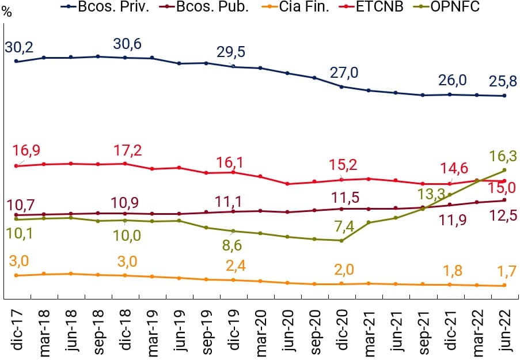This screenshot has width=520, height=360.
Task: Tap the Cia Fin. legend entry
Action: coord(306,7)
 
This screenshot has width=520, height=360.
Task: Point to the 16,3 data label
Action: coord(500,156)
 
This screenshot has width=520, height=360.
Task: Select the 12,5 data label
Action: coord(502,217)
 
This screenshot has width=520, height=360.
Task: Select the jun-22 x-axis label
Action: coord(505,332)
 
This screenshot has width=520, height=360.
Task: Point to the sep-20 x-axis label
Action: coord(316,332)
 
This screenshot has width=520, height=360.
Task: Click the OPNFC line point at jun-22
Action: coord(504,170)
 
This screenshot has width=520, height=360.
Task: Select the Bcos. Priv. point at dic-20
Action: coord(341,87)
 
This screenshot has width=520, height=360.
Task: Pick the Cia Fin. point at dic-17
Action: coord(16,275)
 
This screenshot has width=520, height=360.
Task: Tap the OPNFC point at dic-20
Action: coord(341,240)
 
